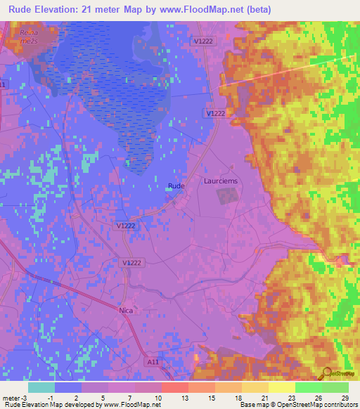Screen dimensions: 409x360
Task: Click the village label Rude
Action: pos(176,186)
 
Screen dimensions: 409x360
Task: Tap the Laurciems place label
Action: pos(221,181)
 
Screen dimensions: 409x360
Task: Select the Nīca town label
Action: pos(127,309)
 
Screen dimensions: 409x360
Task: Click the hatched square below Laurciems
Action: pos(227,197)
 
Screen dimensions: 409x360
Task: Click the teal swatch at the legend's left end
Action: pos(41,387)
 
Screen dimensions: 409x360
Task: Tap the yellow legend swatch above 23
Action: pos(281,387)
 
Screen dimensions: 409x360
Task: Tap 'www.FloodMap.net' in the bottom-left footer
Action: pos(132,405)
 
